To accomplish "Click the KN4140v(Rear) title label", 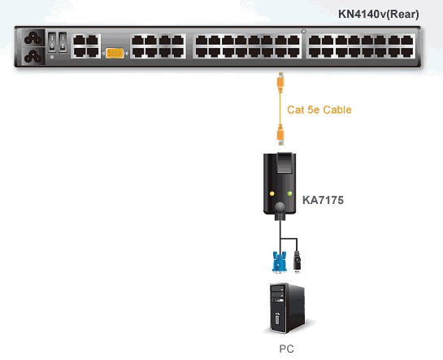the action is [379, 14].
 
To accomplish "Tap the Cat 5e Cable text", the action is [319, 110].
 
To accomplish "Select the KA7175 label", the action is [323, 200].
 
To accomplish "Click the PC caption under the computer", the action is [286, 349].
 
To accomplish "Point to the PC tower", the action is [287, 309].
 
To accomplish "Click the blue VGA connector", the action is [279, 262].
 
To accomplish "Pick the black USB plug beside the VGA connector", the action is [297, 262].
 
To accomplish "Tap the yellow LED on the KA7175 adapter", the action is [272, 193].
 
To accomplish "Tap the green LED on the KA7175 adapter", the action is [289, 193].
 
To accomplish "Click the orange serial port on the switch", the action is [115, 53].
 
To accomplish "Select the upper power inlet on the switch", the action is [33, 38].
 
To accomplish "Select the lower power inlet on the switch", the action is [33, 56].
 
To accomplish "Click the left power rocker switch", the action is [52, 42].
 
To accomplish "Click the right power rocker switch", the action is [63, 42].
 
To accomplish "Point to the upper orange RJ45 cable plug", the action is [280, 82].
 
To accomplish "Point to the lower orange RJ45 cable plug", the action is [280, 135].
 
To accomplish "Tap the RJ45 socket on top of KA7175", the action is [284, 163].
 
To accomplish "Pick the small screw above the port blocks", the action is [304, 32].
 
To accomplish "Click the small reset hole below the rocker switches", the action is [52, 57].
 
